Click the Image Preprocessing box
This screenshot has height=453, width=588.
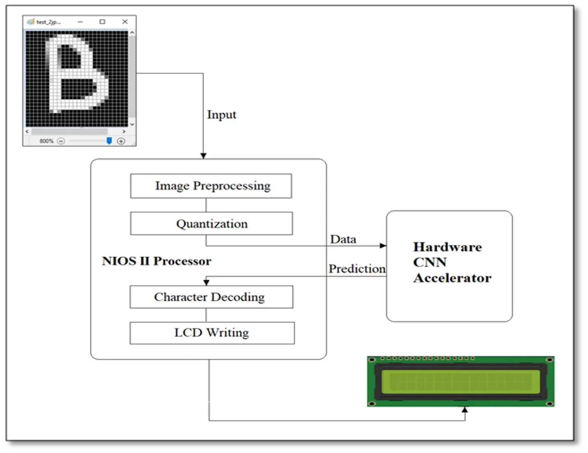coord(211,186)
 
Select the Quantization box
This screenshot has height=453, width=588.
coord(211,224)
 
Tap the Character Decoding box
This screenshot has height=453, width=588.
coord(211,297)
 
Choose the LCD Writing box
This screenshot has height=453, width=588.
coord(212,333)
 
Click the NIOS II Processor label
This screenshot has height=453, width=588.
coord(157,261)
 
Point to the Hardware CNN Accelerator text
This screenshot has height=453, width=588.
coord(452,262)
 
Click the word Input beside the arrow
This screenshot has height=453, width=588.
coord(222,114)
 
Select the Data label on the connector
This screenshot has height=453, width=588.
coord(343,239)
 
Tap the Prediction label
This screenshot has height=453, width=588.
coord(357,269)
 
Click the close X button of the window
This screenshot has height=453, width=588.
coord(125,22)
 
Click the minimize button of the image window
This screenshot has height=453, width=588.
coord(80,22)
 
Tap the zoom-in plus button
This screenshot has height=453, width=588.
coord(121,141)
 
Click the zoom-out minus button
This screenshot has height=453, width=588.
coord(61,141)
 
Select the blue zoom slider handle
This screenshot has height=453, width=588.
coord(109,141)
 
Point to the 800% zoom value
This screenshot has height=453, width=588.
coord(46,141)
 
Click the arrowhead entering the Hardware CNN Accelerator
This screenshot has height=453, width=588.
coord(383,246)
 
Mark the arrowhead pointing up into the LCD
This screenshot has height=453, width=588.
coord(465,410)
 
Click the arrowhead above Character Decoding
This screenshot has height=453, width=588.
coord(206,282)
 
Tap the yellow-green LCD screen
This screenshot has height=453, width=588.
coord(460,381)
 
